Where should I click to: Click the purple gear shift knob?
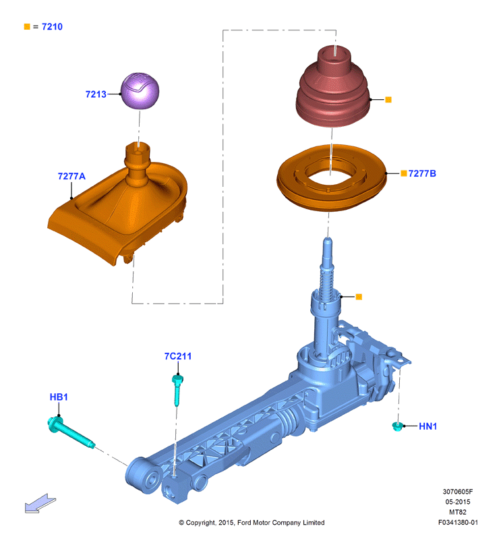click(140, 90)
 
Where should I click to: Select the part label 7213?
click(96, 94)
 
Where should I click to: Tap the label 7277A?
click(71, 176)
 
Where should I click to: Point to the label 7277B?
click(422, 173)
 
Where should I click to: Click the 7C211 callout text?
click(178, 356)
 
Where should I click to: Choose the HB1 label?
click(59, 397)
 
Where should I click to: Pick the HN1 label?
click(428, 426)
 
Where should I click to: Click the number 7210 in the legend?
click(52, 27)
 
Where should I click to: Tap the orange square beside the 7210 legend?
click(27, 26)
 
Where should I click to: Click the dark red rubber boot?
click(332, 86)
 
